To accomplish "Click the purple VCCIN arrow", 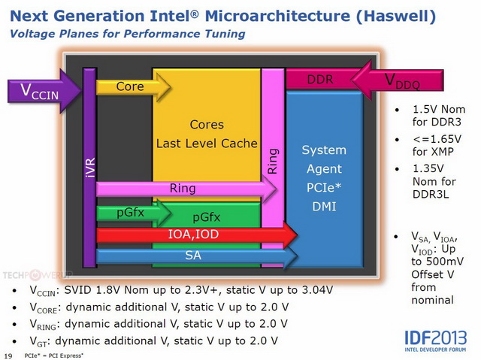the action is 44,91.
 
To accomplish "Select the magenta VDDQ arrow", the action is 398,80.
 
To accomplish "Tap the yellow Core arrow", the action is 134,87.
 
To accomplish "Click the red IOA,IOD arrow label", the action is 193,234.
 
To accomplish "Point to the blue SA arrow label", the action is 193,255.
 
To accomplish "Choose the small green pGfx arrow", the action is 134,213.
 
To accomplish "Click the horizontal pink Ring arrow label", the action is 183,189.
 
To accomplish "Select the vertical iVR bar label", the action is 90,168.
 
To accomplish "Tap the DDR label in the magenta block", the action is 320,80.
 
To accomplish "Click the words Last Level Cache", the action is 207,144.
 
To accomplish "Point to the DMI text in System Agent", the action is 324,207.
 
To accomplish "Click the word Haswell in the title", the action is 396,16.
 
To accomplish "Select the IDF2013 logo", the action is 435,340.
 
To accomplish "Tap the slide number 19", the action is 8,356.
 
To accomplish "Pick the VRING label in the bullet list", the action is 43,325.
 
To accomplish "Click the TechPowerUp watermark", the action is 38,275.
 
